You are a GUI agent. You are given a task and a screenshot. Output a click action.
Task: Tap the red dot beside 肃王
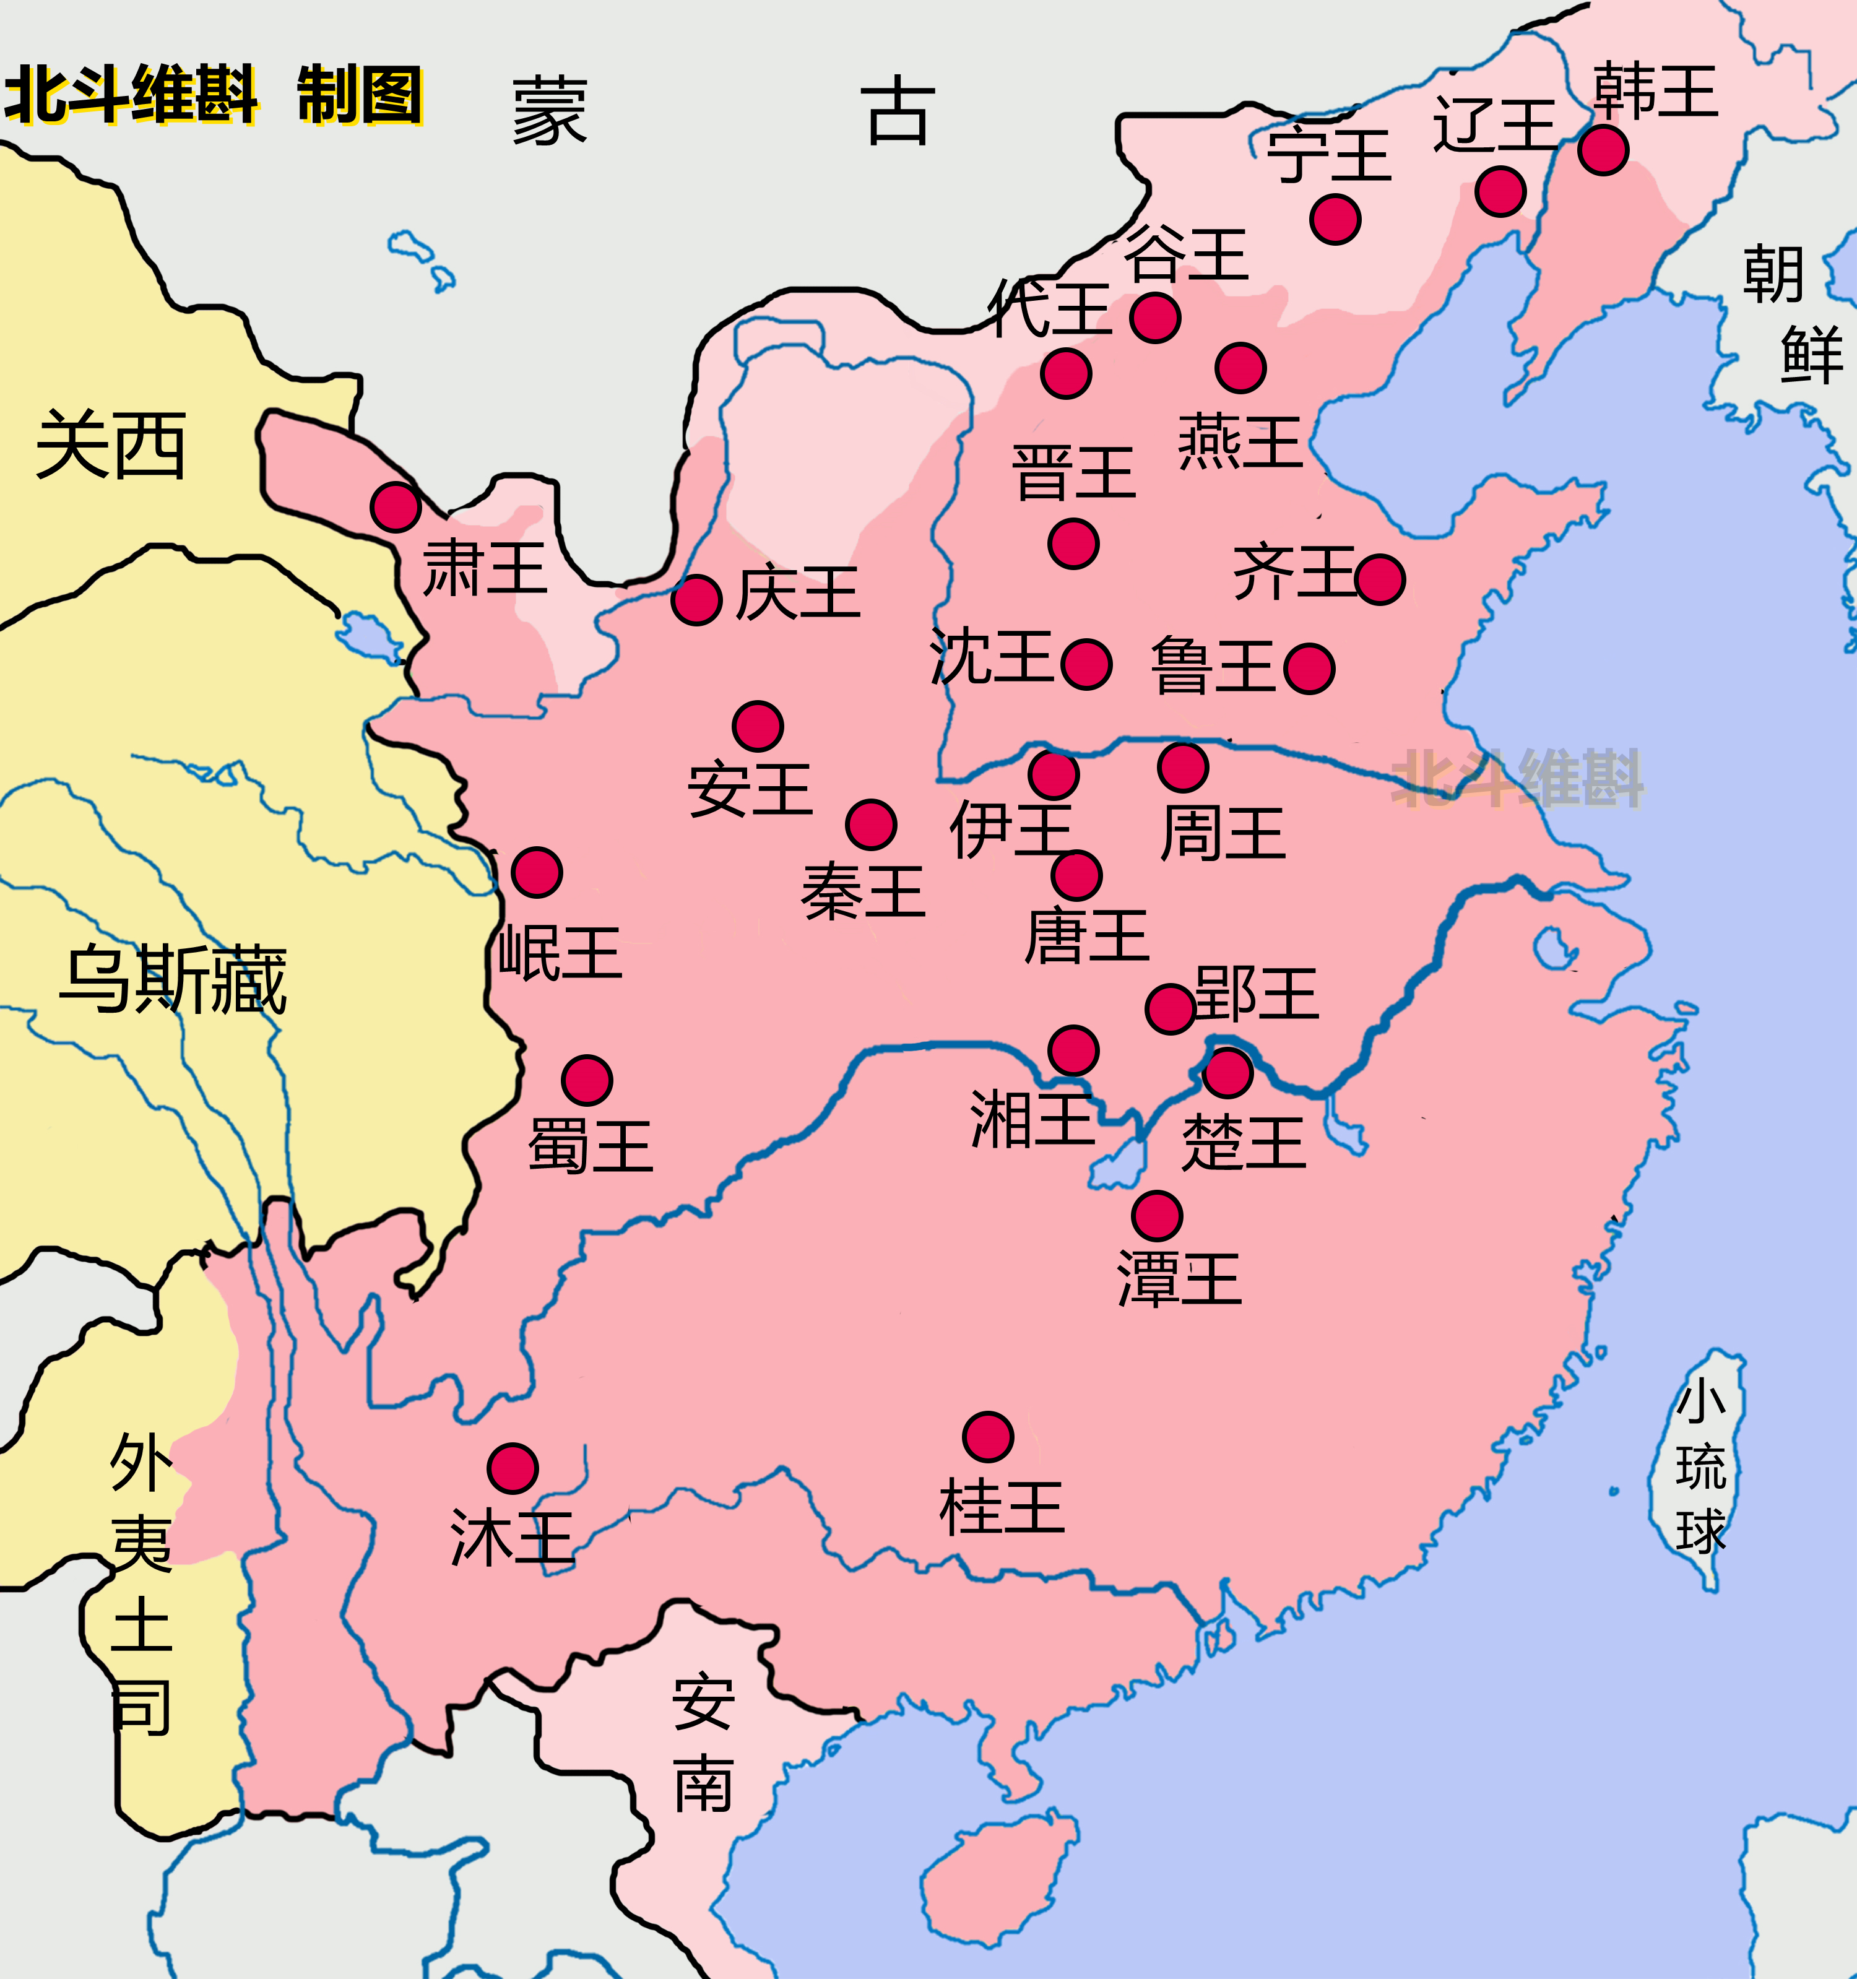(x=396, y=507)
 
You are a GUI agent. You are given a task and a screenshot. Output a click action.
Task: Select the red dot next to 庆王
(x=696, y=599)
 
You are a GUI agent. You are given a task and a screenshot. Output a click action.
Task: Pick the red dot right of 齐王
(x=1380, y=579)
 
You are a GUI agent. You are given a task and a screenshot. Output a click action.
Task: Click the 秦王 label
(x=862, y=891)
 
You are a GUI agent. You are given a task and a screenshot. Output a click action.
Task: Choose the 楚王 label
(x=1244, y=1142)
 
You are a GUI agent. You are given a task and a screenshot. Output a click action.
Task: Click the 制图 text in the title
(x=360, y=95)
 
